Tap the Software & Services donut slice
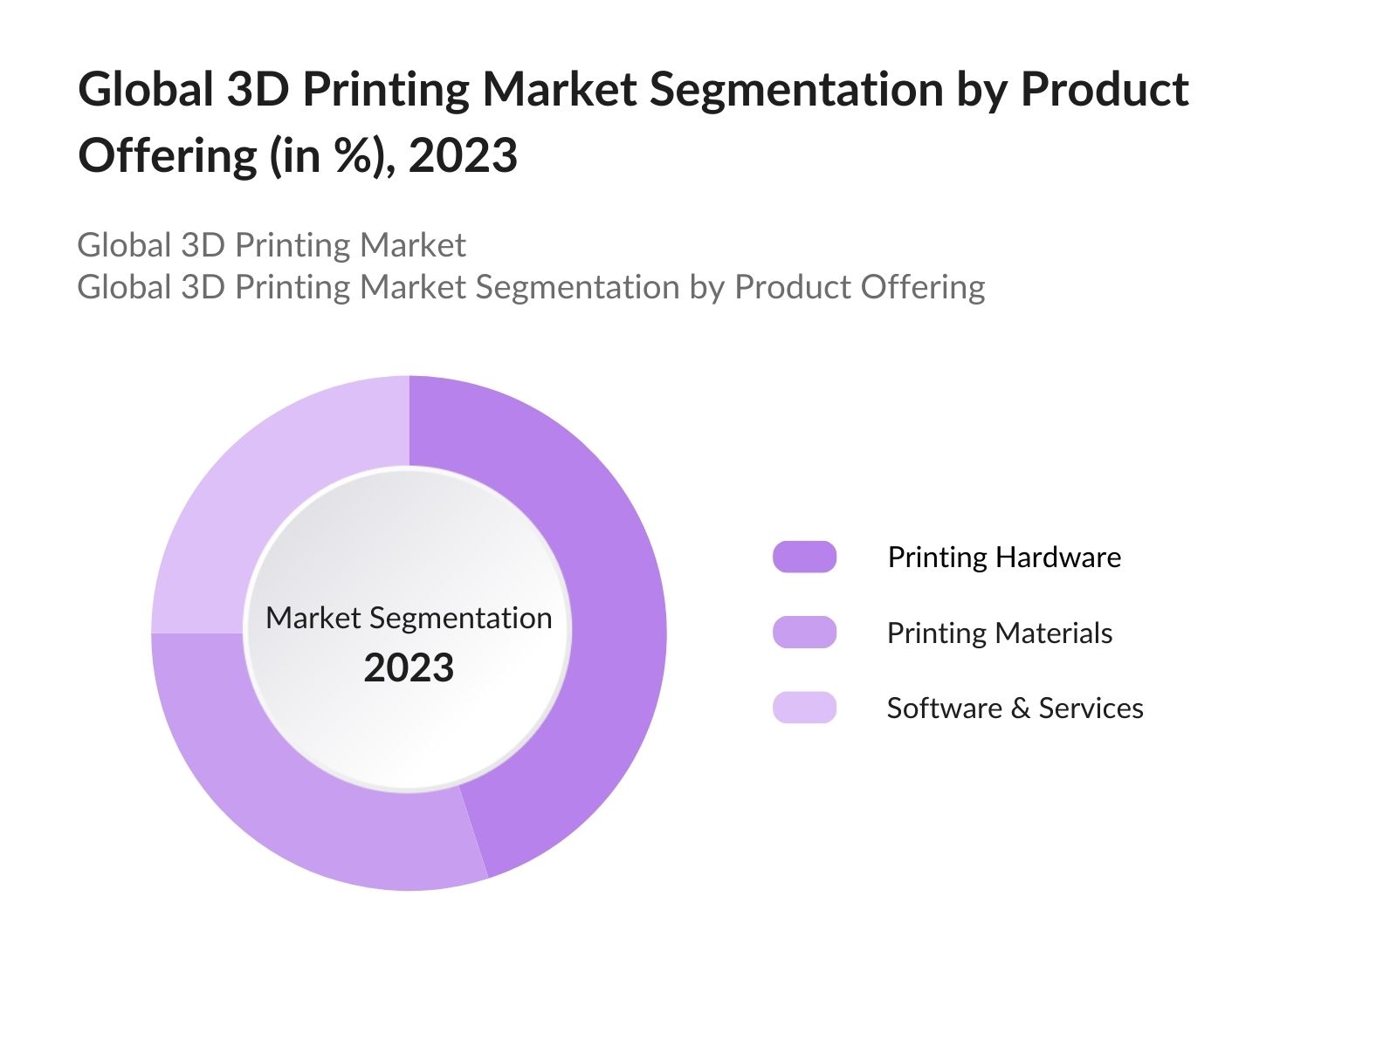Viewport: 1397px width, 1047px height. click(x=262, y=489)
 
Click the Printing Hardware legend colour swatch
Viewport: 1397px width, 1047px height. click(x=804, y=557)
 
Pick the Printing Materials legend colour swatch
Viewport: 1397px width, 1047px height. click(x=804, y=633)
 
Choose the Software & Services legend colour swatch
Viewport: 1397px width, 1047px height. click(x=804, y=708)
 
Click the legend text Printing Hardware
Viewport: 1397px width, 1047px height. click(x=1004, y=557)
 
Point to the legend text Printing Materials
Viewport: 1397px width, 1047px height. click(x=1000, y=633)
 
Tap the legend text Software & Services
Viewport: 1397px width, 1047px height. click(x=1015, y=708)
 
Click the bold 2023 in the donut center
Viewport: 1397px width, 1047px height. click(x=409, y=668)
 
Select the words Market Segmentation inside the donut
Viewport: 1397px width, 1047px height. click(x=409, y=618)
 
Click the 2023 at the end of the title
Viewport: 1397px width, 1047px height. click(x=463, y=156)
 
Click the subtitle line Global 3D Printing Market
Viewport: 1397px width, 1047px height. click(x=272, y=245)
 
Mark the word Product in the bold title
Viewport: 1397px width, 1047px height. click(x=1104, y=90)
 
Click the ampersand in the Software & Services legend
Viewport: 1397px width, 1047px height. click(x=1020, y=708)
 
